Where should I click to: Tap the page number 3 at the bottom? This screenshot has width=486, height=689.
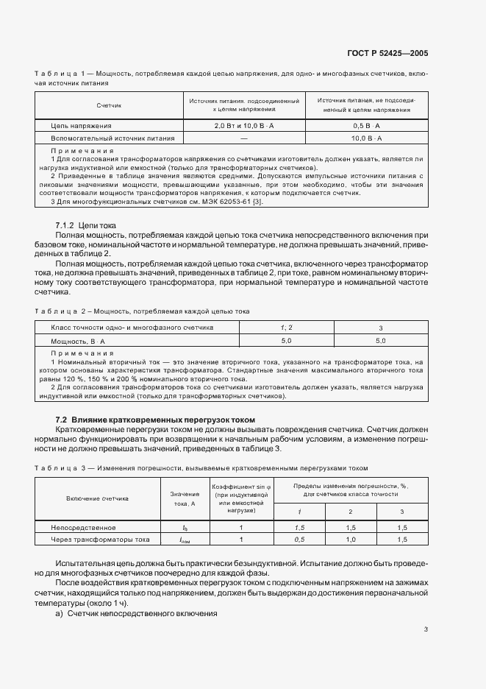coord(426,629)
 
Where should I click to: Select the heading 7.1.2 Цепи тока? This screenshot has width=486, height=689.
coord(81,224)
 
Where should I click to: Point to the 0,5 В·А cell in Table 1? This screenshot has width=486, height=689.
coord(365,126)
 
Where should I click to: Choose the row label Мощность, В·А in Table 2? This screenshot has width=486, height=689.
coord(78,341)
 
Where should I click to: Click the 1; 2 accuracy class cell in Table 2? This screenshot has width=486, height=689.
coord(286,327)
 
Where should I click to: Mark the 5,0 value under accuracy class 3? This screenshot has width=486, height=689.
coord(380,341)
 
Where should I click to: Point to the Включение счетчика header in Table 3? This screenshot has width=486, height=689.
coord(97,498)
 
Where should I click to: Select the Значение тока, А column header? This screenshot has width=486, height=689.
coord(185,498)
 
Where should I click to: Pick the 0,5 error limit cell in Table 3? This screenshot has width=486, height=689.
coord(299,540)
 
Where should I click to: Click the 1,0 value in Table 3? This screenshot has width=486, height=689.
coord(350,540)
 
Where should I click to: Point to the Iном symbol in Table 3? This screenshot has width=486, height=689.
coord(185,540)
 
